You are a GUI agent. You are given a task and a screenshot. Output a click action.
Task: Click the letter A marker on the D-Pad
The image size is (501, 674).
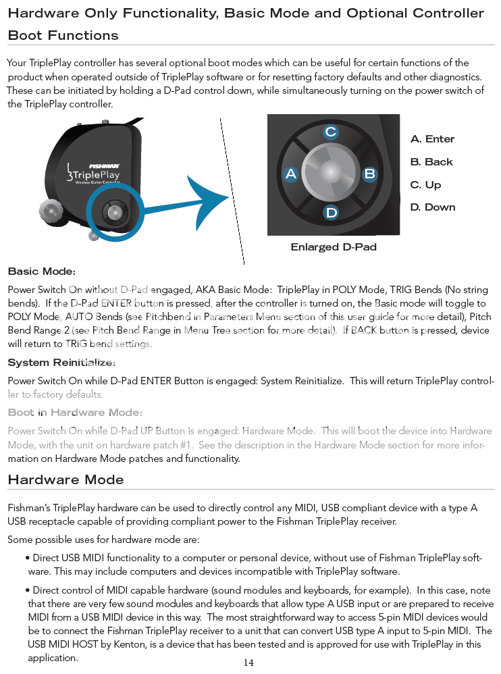click(291, 174)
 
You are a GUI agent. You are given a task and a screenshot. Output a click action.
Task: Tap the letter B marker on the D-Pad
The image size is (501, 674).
click(369, 174)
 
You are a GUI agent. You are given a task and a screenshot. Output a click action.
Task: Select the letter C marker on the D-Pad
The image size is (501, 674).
click(330, 132)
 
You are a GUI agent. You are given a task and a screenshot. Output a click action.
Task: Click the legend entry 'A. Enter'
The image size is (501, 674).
click(432, 139)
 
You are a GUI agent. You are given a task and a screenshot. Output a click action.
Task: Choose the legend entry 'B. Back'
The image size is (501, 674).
click(431, 162)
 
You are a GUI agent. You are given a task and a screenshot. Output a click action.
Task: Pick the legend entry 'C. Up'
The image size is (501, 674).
click(425, 185)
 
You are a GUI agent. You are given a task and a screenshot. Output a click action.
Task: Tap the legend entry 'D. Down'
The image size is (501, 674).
click(433, 207)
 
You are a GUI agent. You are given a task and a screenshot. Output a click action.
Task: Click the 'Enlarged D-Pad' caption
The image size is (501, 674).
click(334, 247)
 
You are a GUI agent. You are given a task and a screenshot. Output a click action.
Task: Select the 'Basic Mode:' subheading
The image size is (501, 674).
click(41, 271)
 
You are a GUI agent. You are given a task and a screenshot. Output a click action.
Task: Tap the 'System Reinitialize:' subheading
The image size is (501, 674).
click(61, 363)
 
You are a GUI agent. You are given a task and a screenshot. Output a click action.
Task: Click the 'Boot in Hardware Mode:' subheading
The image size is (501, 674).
click(75, 413)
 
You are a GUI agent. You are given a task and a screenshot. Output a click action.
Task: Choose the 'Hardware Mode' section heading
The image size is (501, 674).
click(65, 480)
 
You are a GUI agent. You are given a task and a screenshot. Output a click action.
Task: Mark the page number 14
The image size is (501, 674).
click(248, 663)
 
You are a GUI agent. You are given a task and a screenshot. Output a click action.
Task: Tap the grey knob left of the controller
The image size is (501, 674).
click(51, 211)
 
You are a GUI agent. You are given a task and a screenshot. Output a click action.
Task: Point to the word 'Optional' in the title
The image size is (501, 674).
click(379, 14)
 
